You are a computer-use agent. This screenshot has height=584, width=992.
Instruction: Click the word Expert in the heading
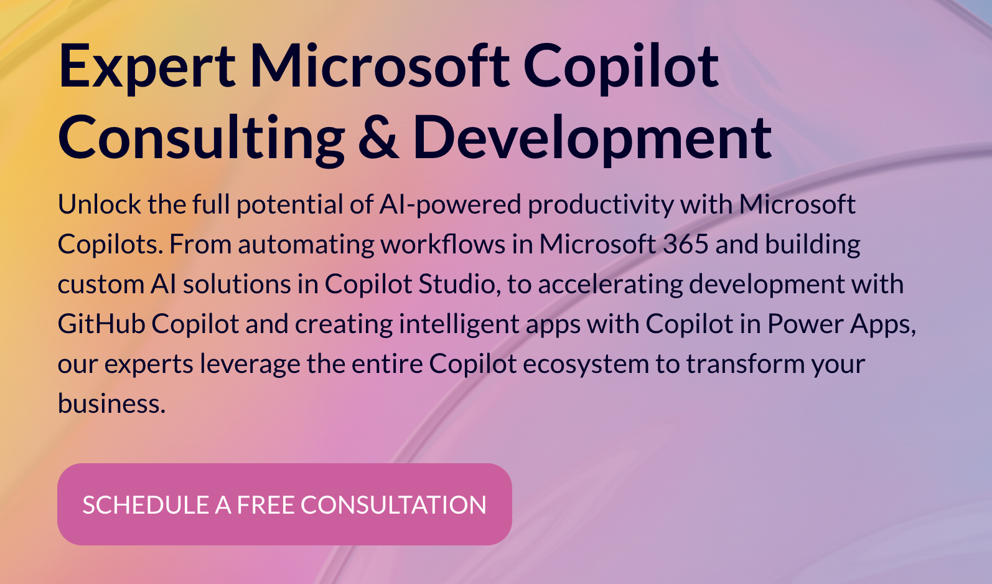point(147,67)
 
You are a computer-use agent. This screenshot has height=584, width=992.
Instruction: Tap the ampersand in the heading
point(378,138)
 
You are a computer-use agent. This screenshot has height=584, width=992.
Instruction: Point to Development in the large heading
point(592,138)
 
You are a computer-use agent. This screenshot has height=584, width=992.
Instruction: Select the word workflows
point(443,244)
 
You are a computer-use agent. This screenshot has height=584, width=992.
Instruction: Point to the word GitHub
point(101,324)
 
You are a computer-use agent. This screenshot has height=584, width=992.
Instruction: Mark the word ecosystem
point(586,364)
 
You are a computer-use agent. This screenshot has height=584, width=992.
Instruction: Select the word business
point(111,403)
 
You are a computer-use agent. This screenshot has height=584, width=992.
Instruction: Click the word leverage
point(250,364)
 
